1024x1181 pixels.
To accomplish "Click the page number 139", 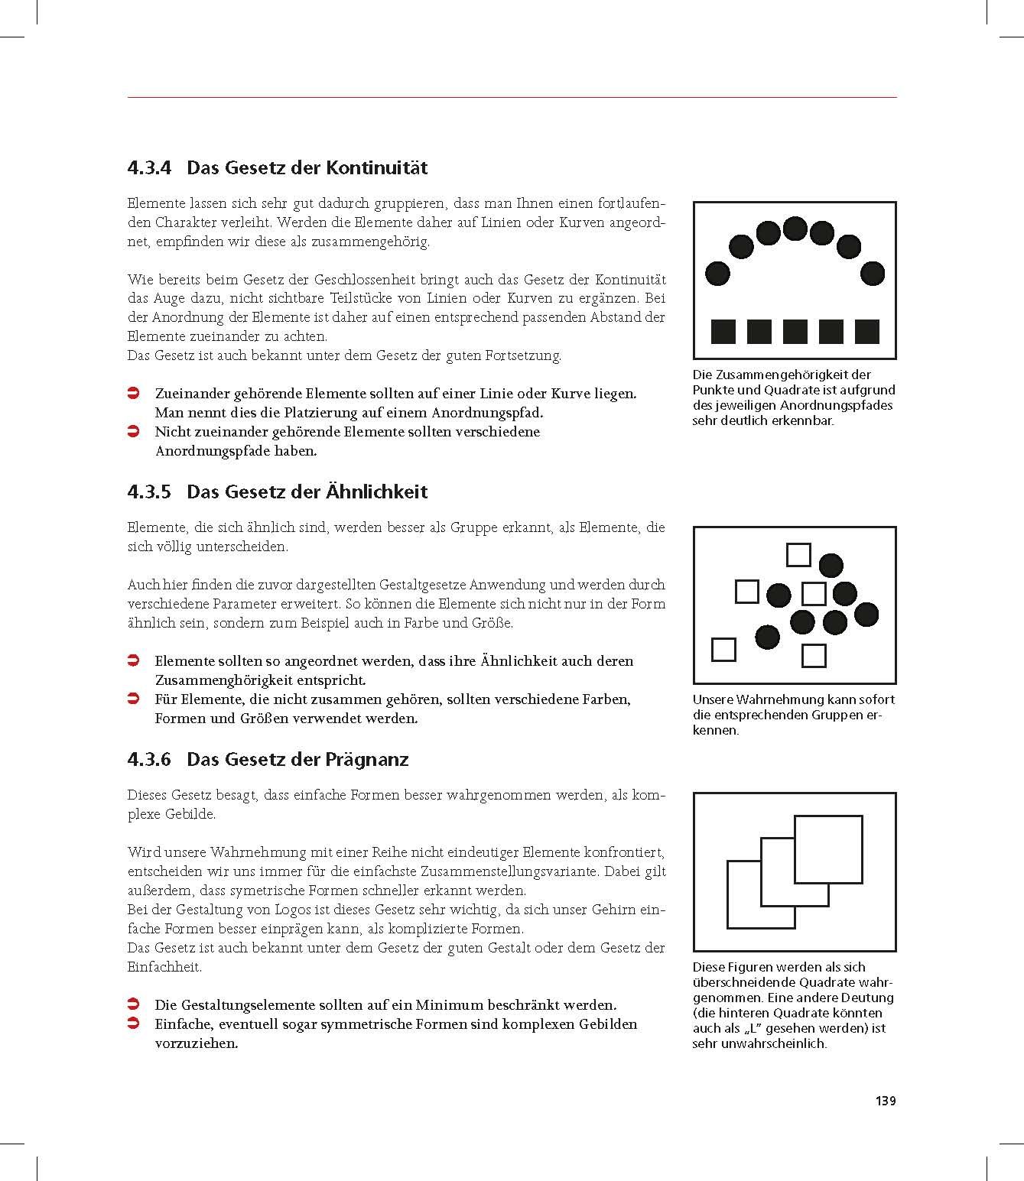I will [x=885, y=1101].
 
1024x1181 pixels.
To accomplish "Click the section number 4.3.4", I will [x=149, y=167].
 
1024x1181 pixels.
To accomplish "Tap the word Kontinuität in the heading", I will [x=376, y=167].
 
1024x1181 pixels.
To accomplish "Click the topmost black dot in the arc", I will [x=795, y=228].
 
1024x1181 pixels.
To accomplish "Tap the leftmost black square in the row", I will [x=723, y=332].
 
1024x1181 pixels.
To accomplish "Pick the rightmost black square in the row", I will [x=867, y=332].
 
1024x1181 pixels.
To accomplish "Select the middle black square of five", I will [x=795, y=332].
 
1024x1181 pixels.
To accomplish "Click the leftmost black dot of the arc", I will [x=717, y=273].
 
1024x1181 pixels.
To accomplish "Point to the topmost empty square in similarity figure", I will [x=798, y=554].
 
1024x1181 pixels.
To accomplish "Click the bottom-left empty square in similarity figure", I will [x=723, y=649].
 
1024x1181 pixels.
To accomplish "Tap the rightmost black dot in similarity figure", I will [x=866, y=614].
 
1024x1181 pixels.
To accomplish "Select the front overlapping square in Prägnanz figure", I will [x=828, y=848].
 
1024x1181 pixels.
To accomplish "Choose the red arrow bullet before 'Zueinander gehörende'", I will [x=132, y=394].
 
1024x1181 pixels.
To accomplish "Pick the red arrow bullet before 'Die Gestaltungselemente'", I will [x=132, y=1004].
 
